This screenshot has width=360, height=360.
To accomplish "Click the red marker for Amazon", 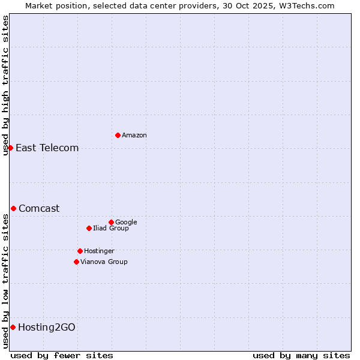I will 118,135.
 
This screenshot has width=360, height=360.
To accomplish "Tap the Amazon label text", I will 134,136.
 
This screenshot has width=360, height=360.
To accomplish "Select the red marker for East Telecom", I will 10,148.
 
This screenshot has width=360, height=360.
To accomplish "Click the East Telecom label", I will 47,148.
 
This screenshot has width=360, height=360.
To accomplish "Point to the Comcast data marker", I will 13,208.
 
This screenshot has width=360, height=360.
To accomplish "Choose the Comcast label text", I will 39,209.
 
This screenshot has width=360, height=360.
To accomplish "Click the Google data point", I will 111,222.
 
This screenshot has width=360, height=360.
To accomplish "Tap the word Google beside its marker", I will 126,223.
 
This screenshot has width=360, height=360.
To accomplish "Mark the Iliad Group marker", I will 89,228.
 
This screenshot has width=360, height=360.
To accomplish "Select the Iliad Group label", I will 111,229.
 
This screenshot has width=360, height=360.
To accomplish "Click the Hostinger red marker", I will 80,251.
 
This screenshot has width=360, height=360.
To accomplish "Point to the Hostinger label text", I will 99,251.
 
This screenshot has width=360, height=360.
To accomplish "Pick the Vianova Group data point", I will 76,262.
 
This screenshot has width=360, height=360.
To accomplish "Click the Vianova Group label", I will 104,262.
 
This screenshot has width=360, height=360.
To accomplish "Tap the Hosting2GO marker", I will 13,327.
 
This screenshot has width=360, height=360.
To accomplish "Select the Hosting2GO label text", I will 47,328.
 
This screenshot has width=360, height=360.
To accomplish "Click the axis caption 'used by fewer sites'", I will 62,355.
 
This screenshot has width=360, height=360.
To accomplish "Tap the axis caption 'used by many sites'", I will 301,355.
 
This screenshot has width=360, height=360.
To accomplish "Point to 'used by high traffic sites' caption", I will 5,85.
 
